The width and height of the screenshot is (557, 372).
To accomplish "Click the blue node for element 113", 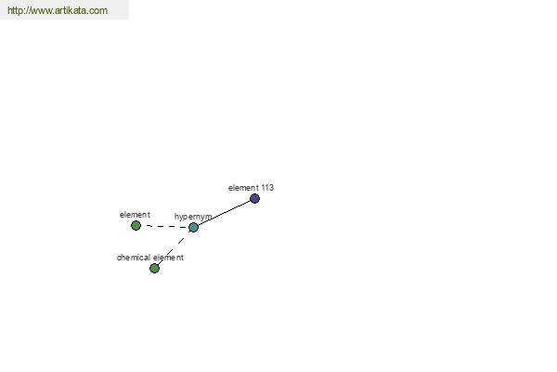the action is [x=254, y=199].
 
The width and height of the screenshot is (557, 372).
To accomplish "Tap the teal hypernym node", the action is [x=193, y=227].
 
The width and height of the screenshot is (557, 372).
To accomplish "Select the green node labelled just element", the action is [x=136, y=225].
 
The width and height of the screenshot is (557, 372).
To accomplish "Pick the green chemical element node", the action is [x=154, y=268].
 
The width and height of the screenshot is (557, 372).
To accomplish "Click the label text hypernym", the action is [x=193, y=217].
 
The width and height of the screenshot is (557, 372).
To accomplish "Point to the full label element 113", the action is [x=251, y=188].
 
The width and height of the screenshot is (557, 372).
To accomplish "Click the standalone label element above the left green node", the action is [x=135, y=215].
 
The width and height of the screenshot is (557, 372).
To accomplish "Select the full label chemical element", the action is [x=150, y=258].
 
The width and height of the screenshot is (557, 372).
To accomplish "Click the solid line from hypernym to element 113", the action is [x=224, y=213].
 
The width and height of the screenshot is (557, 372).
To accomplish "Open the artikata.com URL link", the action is [x=58, y=10].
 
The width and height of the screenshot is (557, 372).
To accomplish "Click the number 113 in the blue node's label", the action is [x=267, y=188].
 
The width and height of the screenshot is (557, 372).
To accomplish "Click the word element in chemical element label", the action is [x=168, y=258].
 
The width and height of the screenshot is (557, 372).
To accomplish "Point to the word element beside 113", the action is [x=243, y=188].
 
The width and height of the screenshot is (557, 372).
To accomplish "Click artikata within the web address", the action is [x=71, y=10].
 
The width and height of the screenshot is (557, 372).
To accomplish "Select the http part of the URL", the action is [x=15, y=10].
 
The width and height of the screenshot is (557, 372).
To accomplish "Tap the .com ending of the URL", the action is [x=98, y=10].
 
